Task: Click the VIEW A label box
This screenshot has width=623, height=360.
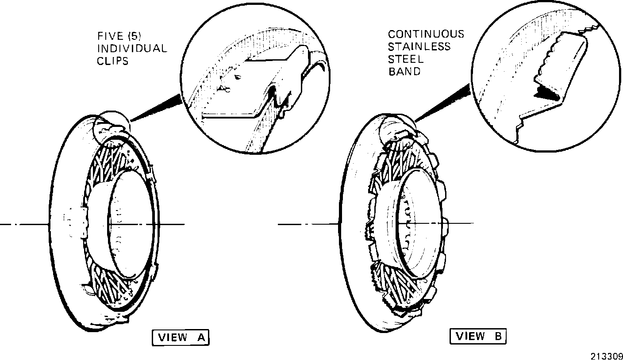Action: pos(180,338)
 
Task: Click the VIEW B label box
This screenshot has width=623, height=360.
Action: pos(478,337)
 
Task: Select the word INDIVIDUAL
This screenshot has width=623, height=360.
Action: pos(131,48)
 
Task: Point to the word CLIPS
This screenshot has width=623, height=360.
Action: pos(112,61)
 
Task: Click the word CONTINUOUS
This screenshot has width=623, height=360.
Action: pos(426,34)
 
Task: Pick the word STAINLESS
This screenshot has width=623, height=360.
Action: pos(419,46)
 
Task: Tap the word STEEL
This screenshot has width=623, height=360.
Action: pos(406,59)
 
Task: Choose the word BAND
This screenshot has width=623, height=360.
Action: pos(404,72)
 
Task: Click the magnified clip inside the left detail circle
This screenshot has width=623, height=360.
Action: pos(274,84)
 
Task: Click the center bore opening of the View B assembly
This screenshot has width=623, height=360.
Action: pos(420,221)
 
